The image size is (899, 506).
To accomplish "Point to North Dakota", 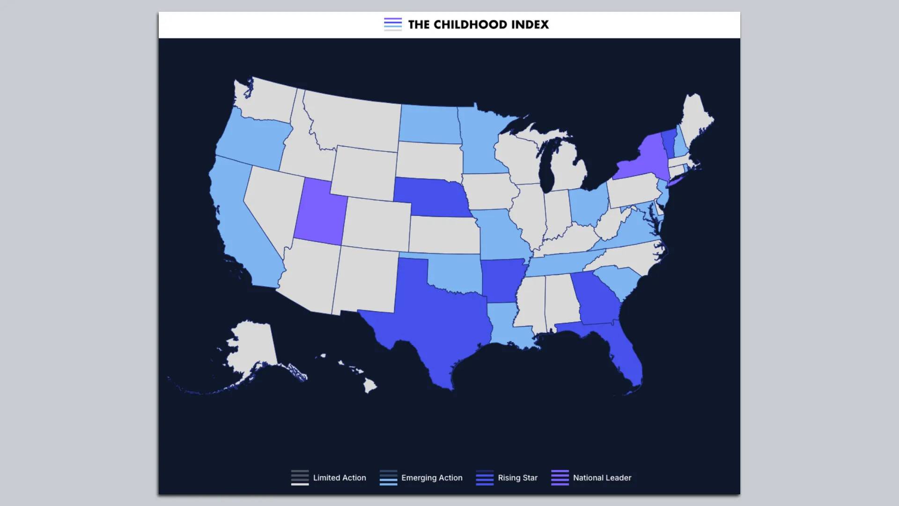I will point(428,124).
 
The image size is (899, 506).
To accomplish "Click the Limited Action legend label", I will point(339,478).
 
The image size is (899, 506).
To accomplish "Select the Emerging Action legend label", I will point(432,478).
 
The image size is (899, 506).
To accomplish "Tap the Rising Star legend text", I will point(517,478).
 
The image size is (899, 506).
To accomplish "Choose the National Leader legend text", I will point(602,478).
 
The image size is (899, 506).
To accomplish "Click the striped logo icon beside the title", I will point(393,24).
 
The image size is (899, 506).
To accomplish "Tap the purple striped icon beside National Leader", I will point(560,477).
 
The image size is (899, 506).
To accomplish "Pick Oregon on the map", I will point(253,141).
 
